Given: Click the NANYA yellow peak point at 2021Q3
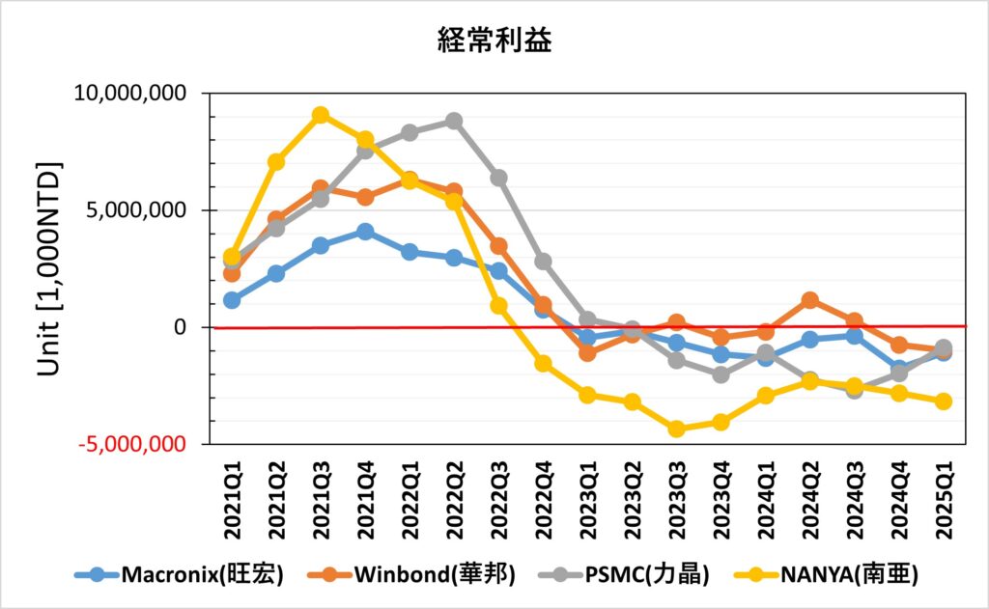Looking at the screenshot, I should [321, 115].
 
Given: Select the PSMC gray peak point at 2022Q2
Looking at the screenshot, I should [454, 121].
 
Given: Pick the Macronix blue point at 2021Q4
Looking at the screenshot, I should [365, 232].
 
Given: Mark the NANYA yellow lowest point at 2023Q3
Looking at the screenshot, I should [676, 429].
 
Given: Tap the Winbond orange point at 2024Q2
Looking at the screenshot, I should [809, 300].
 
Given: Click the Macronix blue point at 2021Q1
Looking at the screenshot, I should [232, 300].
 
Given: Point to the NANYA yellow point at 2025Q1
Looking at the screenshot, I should [943, 401].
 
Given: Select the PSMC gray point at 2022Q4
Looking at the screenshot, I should [543, 262].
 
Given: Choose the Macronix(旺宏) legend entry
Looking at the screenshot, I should [180, 576].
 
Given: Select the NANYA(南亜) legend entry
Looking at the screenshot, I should [831, 576].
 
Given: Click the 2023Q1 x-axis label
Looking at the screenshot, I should [587, 504].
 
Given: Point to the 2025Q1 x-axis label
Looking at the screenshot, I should [943, 504].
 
